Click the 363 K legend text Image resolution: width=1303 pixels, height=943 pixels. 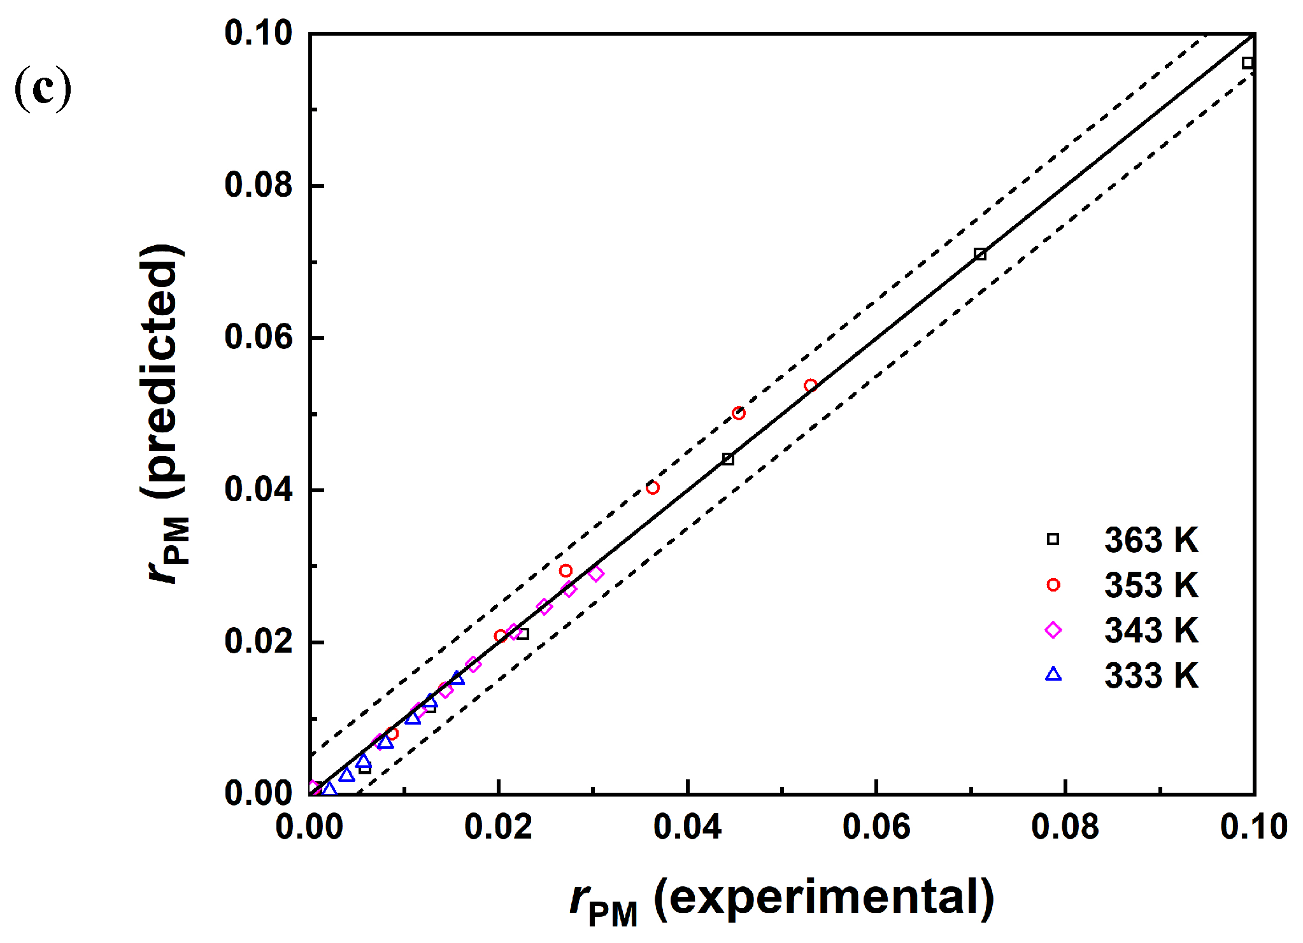pos(1151,540)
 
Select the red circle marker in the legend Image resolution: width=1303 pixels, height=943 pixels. pos(1053,585)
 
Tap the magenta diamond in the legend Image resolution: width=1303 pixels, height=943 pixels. pos(1053,630)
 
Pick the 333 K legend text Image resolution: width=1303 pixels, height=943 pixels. pos(1151,676)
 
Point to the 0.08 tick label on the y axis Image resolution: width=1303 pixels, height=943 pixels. pos(258,185)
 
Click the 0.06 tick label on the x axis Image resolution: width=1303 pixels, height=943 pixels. pos(876,827)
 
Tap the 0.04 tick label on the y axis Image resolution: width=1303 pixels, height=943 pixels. pos(258,489)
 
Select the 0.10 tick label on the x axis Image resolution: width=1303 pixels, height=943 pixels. pos(1253,827)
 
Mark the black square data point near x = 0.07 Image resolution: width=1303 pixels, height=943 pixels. pos(980,255)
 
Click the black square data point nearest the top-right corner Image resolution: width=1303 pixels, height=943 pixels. pos(1248,63)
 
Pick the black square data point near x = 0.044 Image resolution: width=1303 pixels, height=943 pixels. pos(728,459)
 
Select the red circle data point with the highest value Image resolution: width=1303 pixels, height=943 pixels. pos(810,385)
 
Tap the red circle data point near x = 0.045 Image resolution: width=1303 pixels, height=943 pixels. pos(739,413)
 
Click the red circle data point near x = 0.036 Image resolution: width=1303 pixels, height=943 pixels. pos(652,488)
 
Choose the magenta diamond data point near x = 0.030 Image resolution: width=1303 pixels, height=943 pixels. pos(596,574)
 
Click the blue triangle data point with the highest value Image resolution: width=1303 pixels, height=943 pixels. pos(457,678)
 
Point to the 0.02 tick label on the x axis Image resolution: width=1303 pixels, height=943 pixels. pos(498,827)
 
